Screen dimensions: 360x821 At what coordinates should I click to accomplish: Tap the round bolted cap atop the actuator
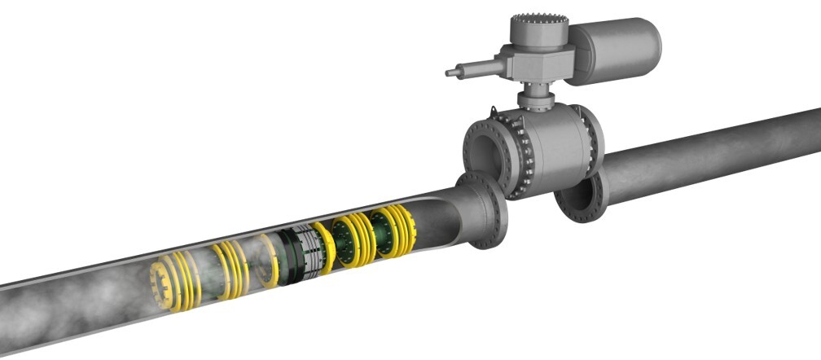pos(536,31)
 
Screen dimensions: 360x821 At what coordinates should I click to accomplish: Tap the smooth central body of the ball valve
pos(562,147)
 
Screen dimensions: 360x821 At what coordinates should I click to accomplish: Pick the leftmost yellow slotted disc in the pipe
pos(168,282)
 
